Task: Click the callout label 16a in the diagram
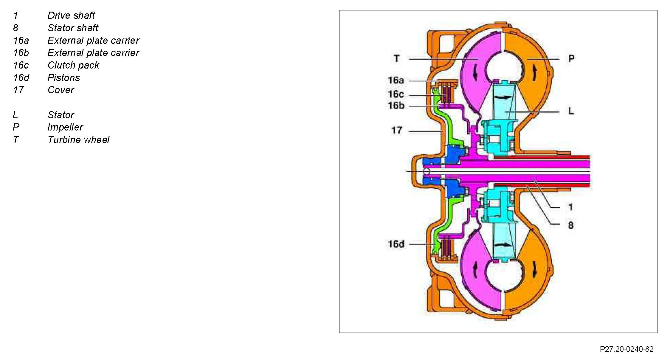396,80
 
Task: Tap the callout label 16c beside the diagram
396,94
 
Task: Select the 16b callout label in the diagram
396,105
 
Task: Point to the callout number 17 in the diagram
397,130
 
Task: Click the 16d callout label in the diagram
396,244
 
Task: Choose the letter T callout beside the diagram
396,58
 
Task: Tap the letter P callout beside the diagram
571,58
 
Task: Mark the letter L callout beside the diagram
571,111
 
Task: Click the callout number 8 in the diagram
570,225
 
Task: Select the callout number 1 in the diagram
570,207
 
